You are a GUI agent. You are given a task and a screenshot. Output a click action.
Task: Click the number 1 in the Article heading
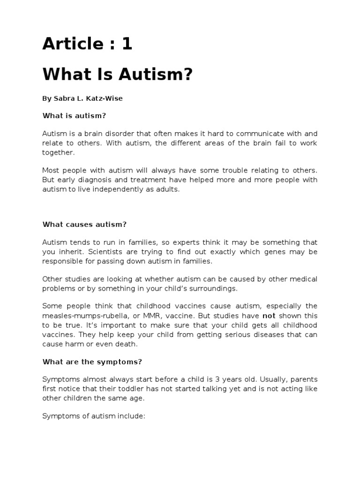[127, 44]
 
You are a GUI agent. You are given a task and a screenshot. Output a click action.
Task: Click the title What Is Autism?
[118, 74]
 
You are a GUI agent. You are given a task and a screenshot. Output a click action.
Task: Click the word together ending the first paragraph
[58, 152]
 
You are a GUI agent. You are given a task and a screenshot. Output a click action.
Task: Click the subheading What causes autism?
[84, 224]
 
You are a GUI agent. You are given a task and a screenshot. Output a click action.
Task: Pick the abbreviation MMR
[149, 316]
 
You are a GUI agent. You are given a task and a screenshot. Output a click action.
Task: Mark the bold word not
[269, 316]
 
